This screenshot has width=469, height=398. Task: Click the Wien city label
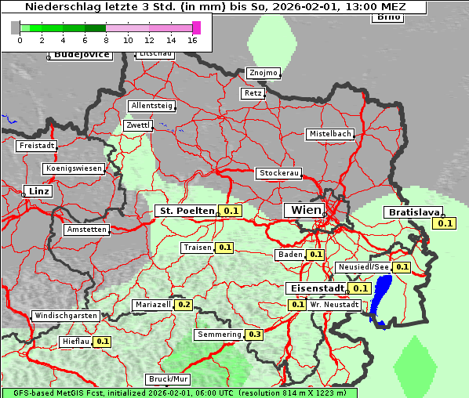[x=307, y=210]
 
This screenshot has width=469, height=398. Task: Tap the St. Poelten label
[x=187, y=211]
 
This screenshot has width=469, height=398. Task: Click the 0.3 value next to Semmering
[x=254, y=335]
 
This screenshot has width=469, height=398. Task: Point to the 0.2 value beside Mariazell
[x=184, y=305]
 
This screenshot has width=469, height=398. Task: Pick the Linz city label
[x=37, y=191]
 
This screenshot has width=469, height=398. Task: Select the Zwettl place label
[x=138, y=125]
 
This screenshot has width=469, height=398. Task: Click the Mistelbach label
[x=330, y=134]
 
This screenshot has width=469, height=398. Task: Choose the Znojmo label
[x=264, y=73]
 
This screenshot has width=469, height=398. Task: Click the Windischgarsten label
[x=65, y=316]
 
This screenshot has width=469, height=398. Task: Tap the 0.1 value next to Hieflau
[x=103, y=342]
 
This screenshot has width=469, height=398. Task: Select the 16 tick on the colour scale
[x=192, y=40]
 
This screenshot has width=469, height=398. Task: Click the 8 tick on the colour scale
[x=106, y=40]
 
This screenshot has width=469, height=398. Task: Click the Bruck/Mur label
[x=169, y=379]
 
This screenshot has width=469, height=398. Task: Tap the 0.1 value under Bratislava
[x=445, y=223]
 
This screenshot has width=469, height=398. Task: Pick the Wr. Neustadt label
[x=335, y=305]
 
